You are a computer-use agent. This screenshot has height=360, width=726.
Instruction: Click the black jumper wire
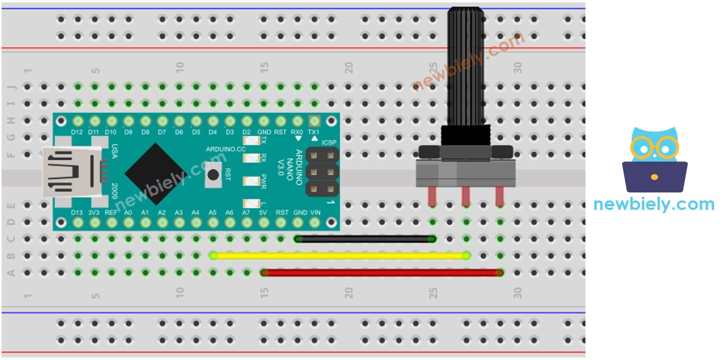click(366, 239)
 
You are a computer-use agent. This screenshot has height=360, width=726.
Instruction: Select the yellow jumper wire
click(339, 256)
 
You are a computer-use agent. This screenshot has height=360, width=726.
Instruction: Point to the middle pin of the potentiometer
click(466, 196)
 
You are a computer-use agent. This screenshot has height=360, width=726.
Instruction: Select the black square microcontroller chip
click(155, 173)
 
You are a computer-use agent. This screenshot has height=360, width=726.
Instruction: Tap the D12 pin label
click(78, 131)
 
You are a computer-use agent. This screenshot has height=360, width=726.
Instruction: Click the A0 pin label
click(128, 213)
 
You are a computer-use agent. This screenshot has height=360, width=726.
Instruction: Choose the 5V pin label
click(264, 213)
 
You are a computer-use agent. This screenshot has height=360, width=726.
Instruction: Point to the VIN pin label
click(315, 213)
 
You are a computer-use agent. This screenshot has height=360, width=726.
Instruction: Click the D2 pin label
click(247, 131)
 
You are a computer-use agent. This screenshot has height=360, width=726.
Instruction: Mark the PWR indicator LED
click(250, 181)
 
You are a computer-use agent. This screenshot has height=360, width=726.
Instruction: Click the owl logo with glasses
click(654, 159)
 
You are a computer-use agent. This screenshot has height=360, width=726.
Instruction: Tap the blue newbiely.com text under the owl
click(654, 204)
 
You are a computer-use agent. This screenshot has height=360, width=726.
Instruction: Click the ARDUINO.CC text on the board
click(226, 149)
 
